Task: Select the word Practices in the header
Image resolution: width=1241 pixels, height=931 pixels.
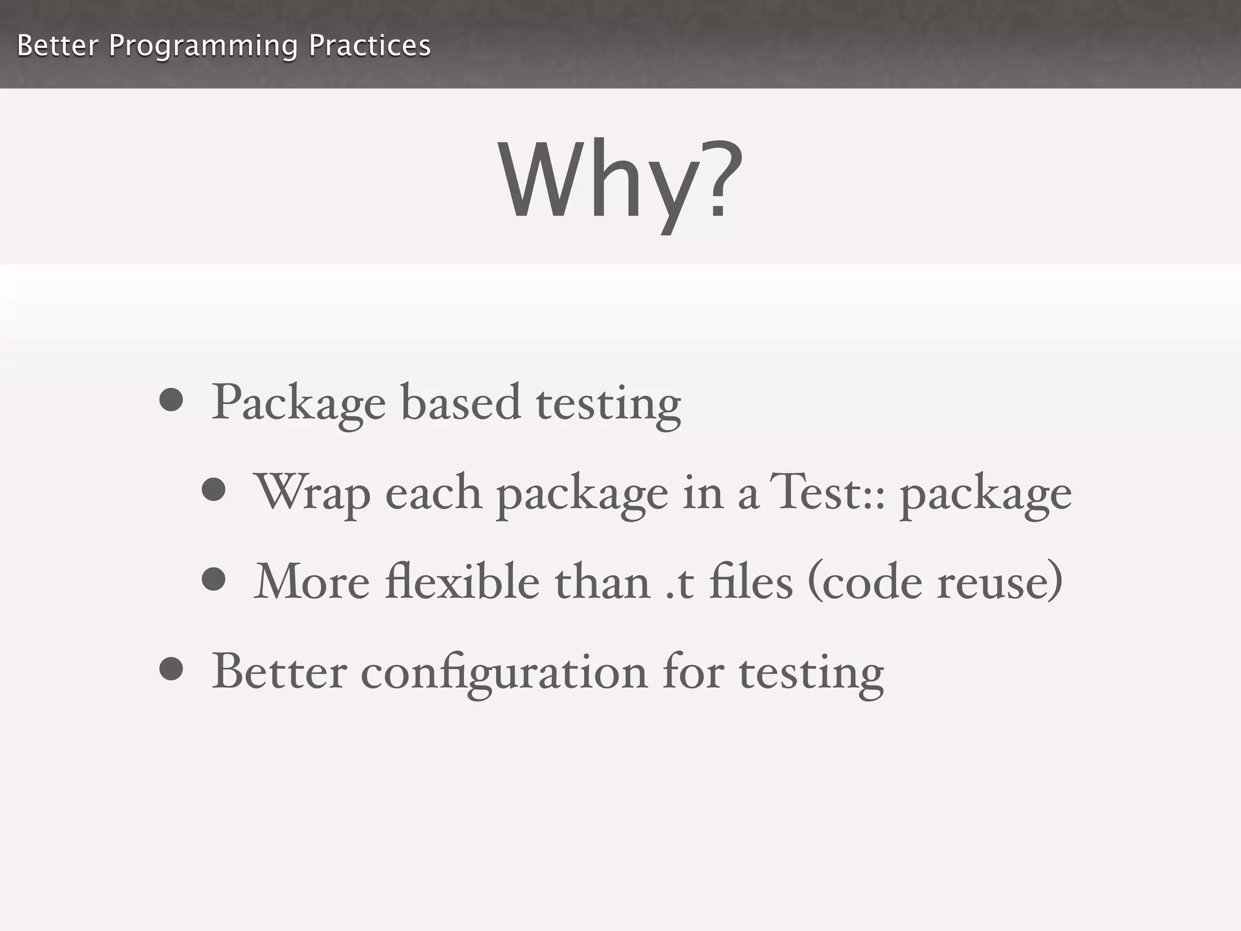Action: [x=370, y=45]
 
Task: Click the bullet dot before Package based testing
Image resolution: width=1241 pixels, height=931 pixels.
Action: [x=171, y=400]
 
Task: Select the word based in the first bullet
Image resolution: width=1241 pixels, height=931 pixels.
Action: [x=461, y=402]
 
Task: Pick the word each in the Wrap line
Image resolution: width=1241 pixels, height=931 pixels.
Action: [x=433, y=492]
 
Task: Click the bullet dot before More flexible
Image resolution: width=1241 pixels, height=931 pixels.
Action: [x=214, y=579]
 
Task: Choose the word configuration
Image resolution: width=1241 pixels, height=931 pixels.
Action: [x=504, y=673]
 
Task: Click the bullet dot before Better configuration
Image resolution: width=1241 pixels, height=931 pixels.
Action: [x=171, y=669]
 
